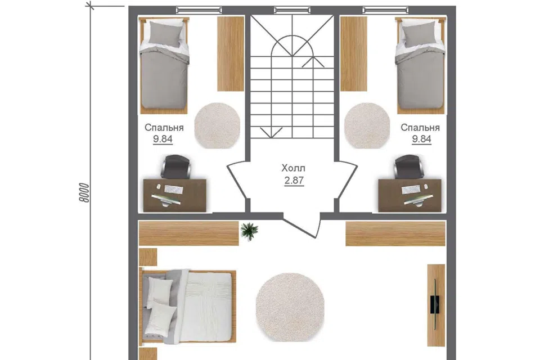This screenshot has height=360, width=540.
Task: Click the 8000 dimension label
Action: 84,192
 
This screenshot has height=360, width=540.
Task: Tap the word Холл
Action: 294,168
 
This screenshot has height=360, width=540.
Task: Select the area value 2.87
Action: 294,181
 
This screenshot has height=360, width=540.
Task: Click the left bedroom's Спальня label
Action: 164,128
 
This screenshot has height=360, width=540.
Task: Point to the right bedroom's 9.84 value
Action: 421,139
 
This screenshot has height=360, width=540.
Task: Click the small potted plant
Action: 249,231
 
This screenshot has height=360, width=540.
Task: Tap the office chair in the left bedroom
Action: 175,166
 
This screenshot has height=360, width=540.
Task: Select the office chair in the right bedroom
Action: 409,166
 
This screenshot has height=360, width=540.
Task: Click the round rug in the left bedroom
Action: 217,126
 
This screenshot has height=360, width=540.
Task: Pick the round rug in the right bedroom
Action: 367,126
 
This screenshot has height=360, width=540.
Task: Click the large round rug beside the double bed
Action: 290,307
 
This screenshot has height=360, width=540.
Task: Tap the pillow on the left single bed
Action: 165,33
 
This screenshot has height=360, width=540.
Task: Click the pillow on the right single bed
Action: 418,33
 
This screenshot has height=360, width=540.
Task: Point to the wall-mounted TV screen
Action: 435,304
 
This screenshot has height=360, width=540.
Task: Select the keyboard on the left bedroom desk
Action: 174,190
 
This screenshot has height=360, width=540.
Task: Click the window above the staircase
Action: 292,10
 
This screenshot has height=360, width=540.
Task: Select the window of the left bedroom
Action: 199,10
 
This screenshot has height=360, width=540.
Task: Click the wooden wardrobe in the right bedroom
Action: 354,54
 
